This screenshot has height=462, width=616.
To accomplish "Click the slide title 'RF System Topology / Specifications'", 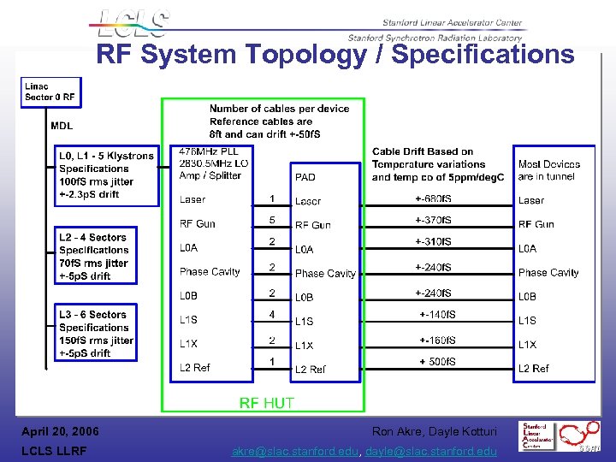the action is [x=335, y=55].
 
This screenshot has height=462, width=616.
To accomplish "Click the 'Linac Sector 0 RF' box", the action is [x=50, y=92].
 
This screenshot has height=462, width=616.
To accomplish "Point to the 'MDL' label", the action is [x=62, y=126].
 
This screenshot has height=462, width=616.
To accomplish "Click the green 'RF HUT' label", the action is [x=266, y=403].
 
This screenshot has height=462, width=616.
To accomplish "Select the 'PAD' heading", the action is [x=305, y=177].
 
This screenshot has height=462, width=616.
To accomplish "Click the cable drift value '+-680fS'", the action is [x=433, y=199].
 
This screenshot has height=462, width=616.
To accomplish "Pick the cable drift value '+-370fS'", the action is [x=433, y=220].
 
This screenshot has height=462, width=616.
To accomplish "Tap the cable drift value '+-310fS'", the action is [x=433, y=241].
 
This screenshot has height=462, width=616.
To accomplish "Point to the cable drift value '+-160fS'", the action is [x=437, y=341].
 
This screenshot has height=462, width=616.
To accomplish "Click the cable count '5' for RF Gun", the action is [x=272, y=220].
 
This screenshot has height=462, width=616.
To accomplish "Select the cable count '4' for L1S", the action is [x=272, y=315].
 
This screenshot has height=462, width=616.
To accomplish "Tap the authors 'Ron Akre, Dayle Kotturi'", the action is [x=434, y=431].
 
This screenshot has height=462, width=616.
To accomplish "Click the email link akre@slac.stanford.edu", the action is [x=295, y=451].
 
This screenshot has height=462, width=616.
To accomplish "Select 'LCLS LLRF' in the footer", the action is [x=55, y=451].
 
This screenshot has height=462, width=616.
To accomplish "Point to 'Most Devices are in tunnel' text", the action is [x=548, y=170].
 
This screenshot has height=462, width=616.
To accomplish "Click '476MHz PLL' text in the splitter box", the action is [x=207, y=151].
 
